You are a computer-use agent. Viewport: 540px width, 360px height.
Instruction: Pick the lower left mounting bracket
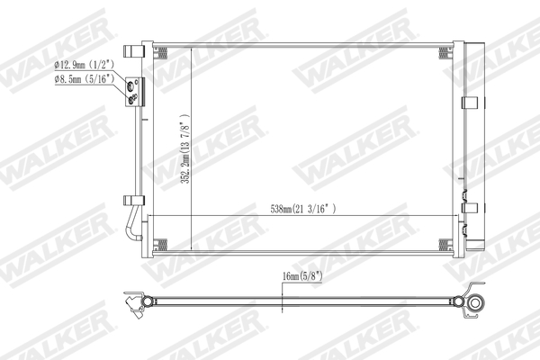(132, 200)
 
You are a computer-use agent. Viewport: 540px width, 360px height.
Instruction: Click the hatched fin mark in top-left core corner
(162, 50)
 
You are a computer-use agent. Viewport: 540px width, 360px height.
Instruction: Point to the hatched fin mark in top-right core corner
(442, 50)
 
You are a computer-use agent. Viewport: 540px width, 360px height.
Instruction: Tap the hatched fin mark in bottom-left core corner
(162, 244)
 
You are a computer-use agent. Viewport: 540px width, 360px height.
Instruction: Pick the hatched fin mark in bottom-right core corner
(442, 244)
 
